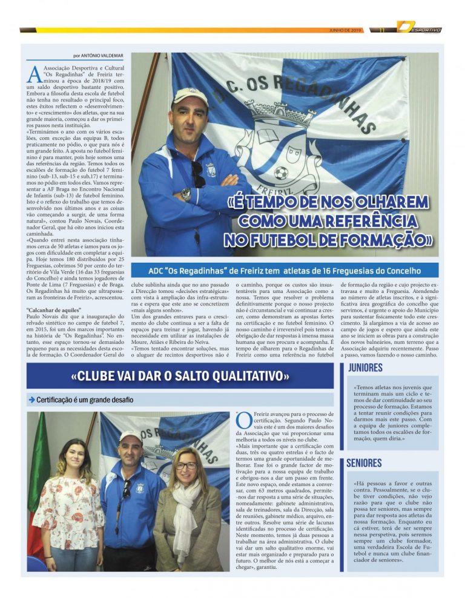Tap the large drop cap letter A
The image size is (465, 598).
pos(34,73)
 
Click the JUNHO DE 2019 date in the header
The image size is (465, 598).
pos(346,30)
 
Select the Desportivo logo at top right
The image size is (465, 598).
pos(419,28)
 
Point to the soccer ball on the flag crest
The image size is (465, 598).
pos(280,173)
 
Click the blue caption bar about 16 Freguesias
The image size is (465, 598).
pos(285,271)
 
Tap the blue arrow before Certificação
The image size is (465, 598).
pos(31,400)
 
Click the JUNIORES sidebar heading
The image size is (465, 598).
pos(365,369)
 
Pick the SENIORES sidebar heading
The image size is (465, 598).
pos(364,464)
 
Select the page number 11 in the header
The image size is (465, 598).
pos(382,30)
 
